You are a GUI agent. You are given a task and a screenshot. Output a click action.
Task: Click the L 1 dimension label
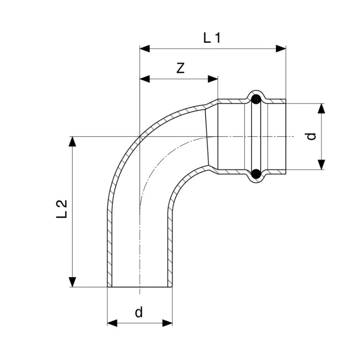pos(212,38)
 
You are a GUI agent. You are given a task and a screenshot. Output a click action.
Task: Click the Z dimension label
pos(180,68)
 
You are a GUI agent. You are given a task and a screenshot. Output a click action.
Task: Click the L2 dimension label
pos(62,209)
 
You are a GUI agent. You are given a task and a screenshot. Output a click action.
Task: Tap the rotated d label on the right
pos(311,137)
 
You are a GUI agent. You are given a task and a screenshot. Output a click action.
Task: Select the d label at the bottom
pos(139,312)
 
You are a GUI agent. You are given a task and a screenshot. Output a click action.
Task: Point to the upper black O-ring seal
pos(256,99)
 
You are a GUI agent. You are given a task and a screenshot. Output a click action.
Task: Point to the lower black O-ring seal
pos(256,174)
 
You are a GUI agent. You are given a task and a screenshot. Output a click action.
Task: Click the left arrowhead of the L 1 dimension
pos(144,49)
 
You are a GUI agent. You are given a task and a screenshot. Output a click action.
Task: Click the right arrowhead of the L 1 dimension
pos(281,49)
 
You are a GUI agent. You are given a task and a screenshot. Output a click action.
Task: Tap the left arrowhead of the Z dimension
pos(144,79)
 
